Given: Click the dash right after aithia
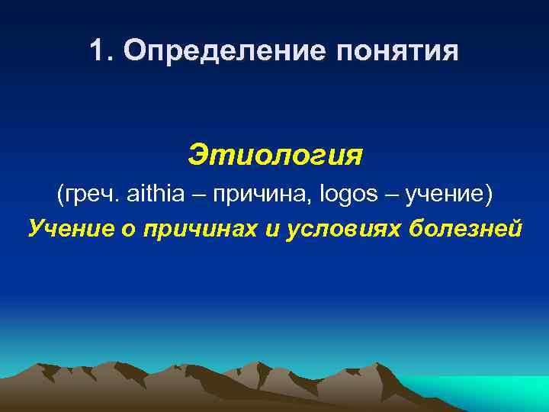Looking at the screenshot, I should (201, 195).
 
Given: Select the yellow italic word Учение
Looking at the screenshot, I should (63, 227).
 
